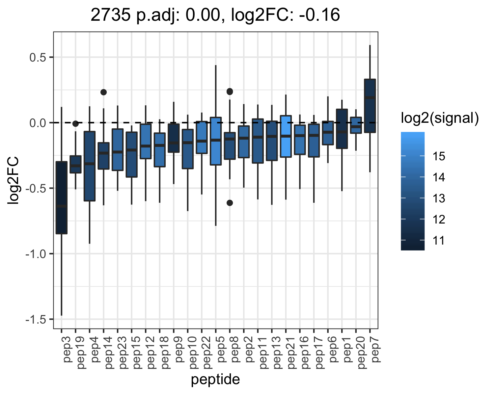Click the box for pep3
[62, 197]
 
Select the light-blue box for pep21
[286, 136]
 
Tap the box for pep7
[370, 106]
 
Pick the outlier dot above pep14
[103, 92]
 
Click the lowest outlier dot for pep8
[230, 203]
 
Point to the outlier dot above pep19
[75, 124]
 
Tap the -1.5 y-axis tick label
[36, 319]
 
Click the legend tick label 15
[439, 156]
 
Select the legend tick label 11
[439, 241]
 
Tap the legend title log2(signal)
[440, 118]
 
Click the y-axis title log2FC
[13, 180]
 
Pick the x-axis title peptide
[215, 380]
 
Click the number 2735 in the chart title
[110, 15]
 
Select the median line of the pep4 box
[90, 164]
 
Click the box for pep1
[342, 129]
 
